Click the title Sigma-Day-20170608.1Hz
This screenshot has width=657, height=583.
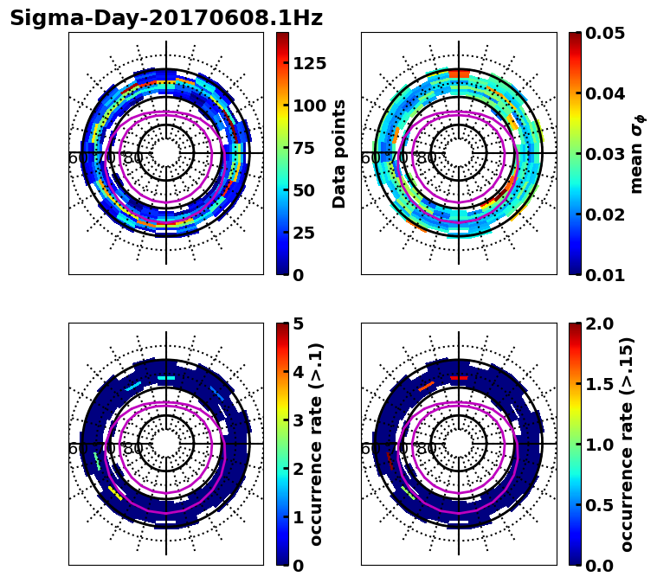pos(166,18)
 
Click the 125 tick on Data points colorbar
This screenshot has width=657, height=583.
pos(310,63)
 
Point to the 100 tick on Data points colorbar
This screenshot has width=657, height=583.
pos(310,106)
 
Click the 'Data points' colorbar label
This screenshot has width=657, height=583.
pos(339,153)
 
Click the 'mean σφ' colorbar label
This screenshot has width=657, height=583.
pos(636,153)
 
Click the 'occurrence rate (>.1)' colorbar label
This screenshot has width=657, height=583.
pos(317,444)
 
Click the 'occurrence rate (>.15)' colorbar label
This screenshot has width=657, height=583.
pos(627,444)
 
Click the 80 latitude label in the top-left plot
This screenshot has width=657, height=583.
pos(133,158)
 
